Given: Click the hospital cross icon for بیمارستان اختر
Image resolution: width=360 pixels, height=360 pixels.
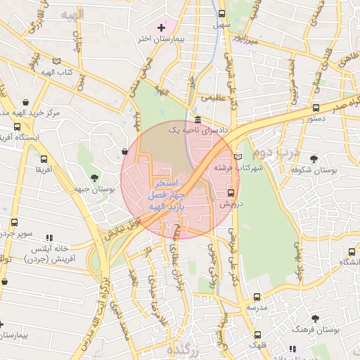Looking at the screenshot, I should click(x=161, y=27).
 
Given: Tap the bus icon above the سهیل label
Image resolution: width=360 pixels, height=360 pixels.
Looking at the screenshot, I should click(x=222, y=13).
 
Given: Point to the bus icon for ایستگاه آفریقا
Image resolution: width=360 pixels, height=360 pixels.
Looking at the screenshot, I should click(x=17, y=127).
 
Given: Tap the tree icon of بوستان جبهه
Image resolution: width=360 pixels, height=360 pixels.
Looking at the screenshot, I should click(x=95, y=176).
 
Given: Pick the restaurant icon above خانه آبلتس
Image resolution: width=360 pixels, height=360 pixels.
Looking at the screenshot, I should click(x=49, y=238).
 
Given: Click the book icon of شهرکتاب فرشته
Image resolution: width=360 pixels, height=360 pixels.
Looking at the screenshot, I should click(x=238, y=157).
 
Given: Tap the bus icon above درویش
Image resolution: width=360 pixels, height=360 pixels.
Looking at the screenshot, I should click(x=231, y=192).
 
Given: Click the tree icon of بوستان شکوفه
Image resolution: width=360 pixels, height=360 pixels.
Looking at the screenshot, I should click(x=313, y=159).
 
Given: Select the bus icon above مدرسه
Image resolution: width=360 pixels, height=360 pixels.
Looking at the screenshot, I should click(x=257, y=297).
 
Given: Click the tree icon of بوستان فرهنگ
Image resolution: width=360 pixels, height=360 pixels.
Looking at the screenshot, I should click(x=315, y=319).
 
